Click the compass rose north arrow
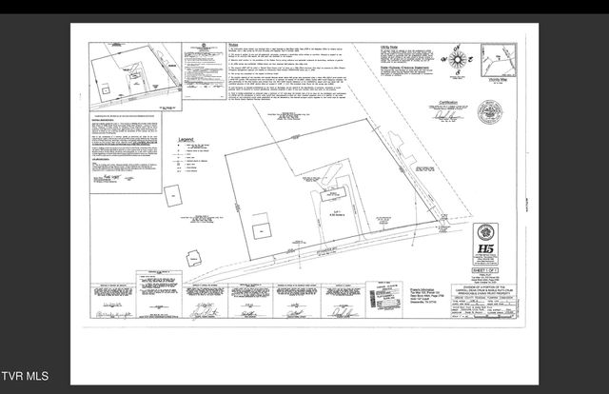pyautogui.click(x=459, y=60)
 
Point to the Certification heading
pyautogui.click(x=449, y=101)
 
